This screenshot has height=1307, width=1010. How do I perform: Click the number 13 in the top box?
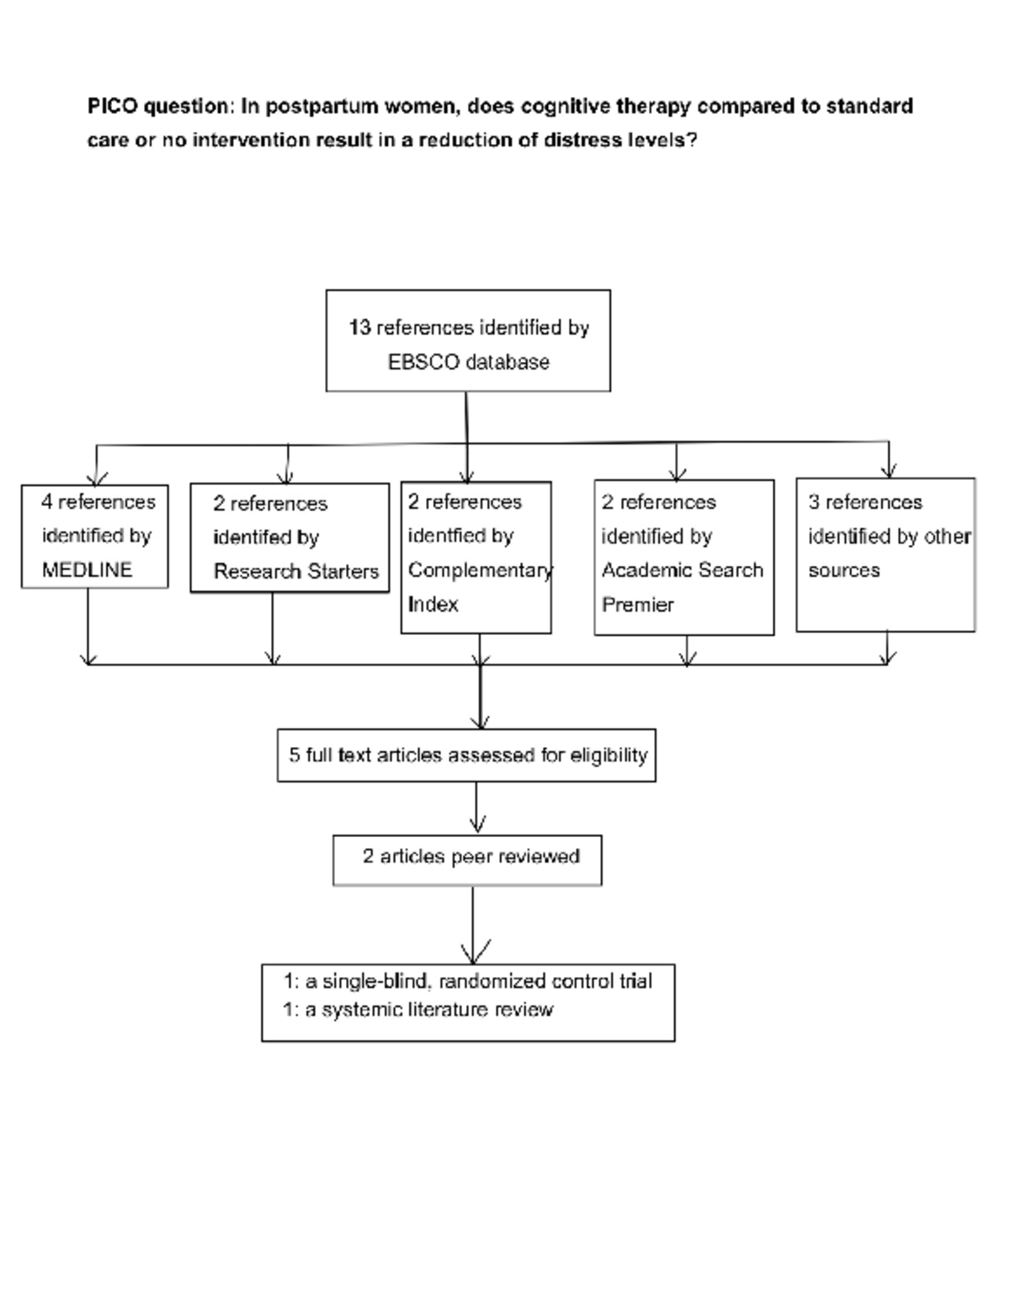click(359, 328)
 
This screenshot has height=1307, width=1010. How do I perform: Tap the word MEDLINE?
click(87, 570)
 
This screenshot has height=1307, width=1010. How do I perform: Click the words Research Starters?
click(295, 572)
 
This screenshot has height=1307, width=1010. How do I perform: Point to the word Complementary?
click(479, 570)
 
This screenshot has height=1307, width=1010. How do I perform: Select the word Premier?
click(637, 605)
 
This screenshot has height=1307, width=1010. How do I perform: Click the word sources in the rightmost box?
click(843, 570)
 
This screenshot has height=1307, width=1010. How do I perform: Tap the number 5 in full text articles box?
click(294, 755)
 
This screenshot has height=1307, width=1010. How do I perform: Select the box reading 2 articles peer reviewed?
click(467, 860)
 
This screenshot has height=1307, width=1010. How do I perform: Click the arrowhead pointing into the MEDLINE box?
click(97, 477)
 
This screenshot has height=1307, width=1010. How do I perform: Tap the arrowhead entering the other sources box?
click(889, 470)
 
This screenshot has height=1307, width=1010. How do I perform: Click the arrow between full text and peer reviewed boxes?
click(476, 808)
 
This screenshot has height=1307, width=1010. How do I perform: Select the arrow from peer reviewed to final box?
click(473, 926)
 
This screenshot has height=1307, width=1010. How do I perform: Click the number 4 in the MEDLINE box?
click(47, 502)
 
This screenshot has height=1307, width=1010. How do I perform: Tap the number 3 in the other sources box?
click(813, 503)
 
